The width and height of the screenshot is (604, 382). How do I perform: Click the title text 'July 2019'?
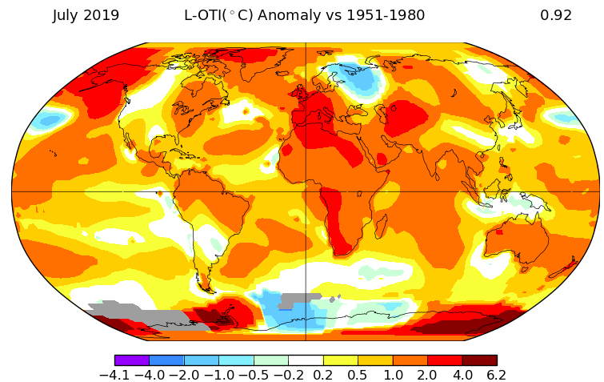pyautogui.click(x=86, y=15)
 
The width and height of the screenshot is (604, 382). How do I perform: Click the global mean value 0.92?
pyautogui.click(x=556, y=15)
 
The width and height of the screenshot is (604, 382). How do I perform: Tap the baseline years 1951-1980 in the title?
pyautogui.click(x=383, y=15)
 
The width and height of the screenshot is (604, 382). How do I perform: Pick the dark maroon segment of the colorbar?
pyautogui.click(x=479, y=360)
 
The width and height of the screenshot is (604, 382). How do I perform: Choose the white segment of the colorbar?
pyautogui.click(x=306, y=360)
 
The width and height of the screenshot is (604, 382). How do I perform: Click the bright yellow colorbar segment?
pyautogui.click(x=340, y=360)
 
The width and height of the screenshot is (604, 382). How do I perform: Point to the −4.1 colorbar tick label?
pyautogui.click(x=115, y=375)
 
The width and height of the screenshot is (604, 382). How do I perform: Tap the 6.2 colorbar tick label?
pyautogui.click(x=496, y=375)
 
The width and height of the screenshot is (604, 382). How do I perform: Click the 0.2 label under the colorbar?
pyautogui.click(x=323, y=375)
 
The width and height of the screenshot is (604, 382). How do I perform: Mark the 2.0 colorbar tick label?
pyautogui.click(x=427, y=375)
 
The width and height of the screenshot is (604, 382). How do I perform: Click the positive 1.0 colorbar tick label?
pyautogui.click(x=392, y=375)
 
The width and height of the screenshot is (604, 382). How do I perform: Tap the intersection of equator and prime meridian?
pyautogui.click(x=306, y=191)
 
